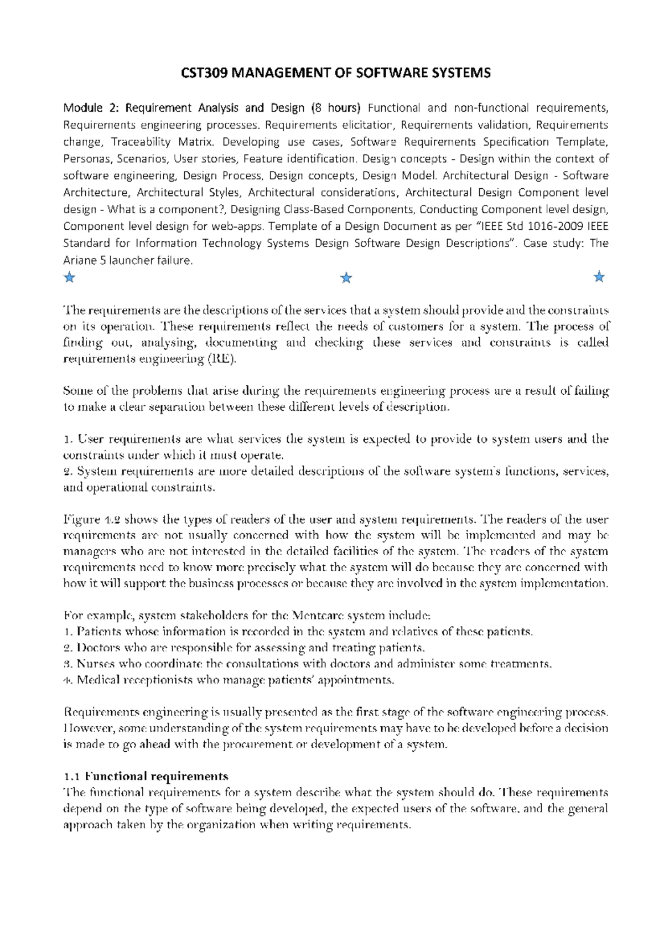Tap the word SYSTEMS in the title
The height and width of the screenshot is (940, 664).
click(463, 73)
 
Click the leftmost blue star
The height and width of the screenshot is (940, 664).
click(69, 277)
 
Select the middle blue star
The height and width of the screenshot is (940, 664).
click(346, 277)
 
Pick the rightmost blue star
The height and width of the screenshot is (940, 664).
click(599, 277)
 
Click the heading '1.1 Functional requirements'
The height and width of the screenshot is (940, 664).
click(146, 776)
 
